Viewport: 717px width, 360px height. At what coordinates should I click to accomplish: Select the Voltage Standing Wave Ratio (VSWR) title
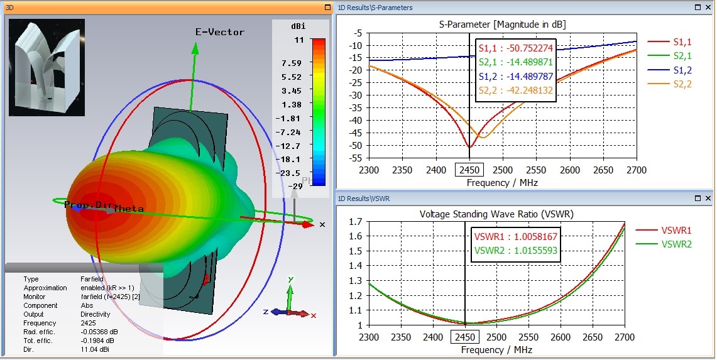[496, 214]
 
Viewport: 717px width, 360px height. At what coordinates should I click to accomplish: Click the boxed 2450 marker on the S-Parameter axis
[469, 170]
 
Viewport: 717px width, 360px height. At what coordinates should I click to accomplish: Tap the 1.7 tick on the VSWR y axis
[356, 222]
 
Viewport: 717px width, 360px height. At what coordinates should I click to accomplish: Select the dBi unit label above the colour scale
[297, 27]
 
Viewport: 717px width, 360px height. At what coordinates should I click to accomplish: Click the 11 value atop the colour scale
[298, 40]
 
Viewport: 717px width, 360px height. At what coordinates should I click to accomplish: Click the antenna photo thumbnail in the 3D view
[47, 68]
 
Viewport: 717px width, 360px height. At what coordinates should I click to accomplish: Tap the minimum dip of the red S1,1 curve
[469, 147]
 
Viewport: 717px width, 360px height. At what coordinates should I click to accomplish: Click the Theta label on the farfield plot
[128, 209]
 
